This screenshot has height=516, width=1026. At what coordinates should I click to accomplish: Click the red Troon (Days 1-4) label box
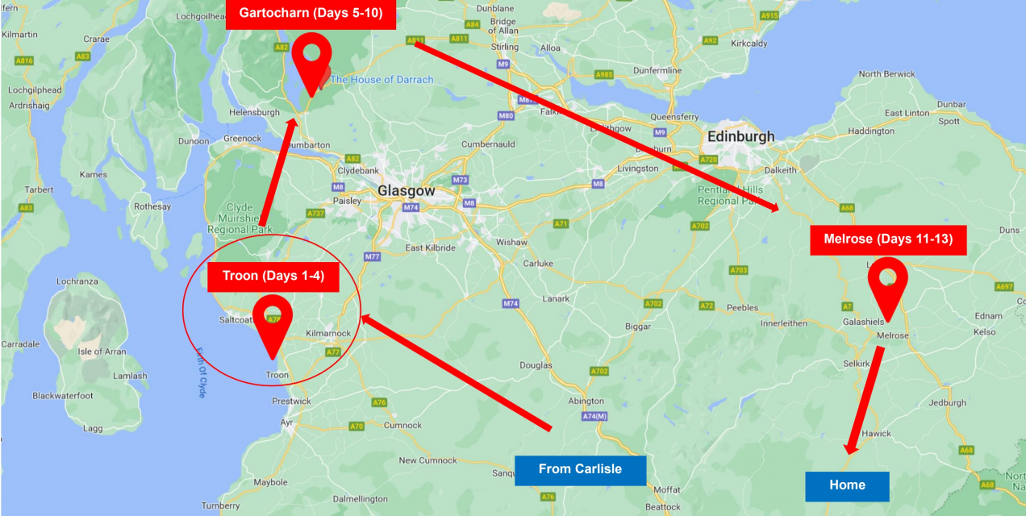273,277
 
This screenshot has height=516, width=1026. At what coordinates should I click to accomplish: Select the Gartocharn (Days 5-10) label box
311,14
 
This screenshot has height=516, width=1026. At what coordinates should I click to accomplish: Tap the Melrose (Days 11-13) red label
888,239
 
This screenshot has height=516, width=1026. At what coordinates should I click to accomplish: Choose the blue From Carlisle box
580,469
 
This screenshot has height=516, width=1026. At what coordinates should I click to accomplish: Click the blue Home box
847,485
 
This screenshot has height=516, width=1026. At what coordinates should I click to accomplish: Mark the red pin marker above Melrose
887,285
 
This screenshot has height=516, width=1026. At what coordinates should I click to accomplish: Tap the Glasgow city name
407,191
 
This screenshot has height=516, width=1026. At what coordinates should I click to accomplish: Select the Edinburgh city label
740,137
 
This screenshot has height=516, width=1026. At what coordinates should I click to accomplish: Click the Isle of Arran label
102,352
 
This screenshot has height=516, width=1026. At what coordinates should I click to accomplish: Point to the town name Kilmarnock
329,333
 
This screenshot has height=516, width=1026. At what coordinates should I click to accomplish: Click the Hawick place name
876,434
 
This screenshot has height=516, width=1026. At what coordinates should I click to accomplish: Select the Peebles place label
742,308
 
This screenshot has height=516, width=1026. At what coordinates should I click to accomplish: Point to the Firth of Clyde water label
201,372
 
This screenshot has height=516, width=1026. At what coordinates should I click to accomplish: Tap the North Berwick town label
886,74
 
